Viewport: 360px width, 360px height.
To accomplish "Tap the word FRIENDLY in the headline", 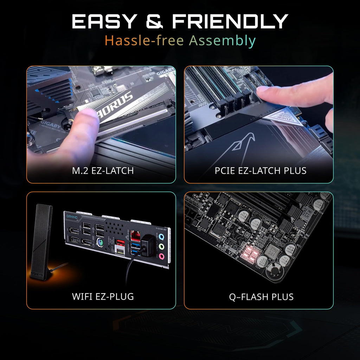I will click(x=230, y=22).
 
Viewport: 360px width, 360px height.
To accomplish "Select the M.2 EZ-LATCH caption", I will click(x=103, y=171).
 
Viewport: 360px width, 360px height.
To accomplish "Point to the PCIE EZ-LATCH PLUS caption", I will click(x=261, y=171).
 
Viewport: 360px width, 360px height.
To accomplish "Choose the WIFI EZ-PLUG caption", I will click(x=103, y=296).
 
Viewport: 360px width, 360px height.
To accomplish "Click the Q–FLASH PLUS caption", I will click(x=261, y=297).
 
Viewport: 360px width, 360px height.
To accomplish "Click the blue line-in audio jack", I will click(x=161, y=238).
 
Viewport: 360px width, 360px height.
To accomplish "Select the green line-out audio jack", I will click(x=161, y=247).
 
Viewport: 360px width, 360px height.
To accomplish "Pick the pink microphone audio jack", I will click(x=161, y=256).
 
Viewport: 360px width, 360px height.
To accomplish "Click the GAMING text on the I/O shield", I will click(x=72, y=217).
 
